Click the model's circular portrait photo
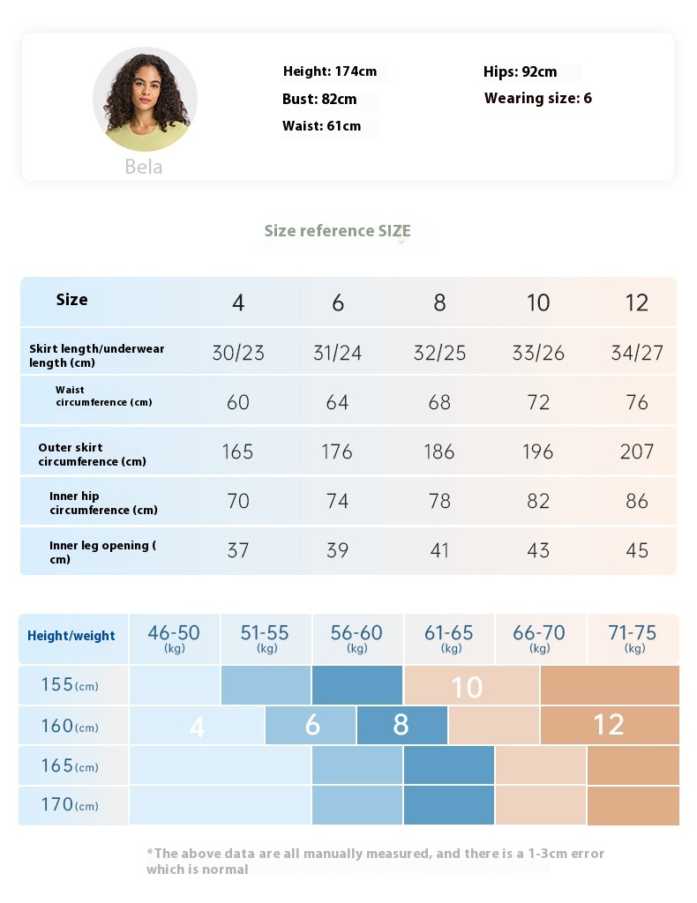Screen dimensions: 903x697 coord(145,100)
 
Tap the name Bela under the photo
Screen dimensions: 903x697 coord(143,167)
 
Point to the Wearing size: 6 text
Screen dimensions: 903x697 coord(538,98)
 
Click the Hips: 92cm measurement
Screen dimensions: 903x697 coord(521,71)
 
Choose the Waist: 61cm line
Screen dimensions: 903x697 coord(321,126)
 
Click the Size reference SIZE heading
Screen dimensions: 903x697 coord(337,231)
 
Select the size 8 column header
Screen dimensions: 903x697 coord(439,303)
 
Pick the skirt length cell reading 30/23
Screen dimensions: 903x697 coord(238,353)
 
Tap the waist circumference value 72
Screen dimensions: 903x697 coord(538,402)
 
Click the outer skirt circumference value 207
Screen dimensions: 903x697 coord(637,452)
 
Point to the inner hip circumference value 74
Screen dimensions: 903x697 coord(338,501)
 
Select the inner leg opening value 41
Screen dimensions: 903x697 coord(439,550)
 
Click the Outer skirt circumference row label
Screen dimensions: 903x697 coord(92,454)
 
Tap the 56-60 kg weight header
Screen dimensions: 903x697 coord(356,638)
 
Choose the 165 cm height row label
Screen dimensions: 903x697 coord(70,765)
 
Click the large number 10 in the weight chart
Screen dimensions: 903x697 coord(467,687)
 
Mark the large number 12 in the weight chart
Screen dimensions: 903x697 coord(609,725)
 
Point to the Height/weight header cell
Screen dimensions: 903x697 coord(71,636)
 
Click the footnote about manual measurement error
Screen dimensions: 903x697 coord(375,861)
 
